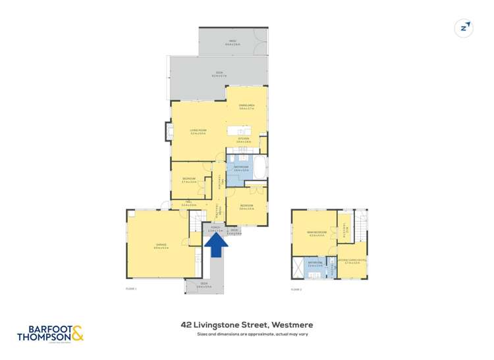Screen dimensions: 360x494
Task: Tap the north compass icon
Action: tap(464, 28)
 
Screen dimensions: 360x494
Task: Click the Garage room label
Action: tap(161, 247)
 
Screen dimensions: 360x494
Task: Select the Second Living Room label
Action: tap(352, 261)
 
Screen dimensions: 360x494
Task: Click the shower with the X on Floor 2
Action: tap(299, 267)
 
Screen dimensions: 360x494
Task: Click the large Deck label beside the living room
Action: tap(218, 75)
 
